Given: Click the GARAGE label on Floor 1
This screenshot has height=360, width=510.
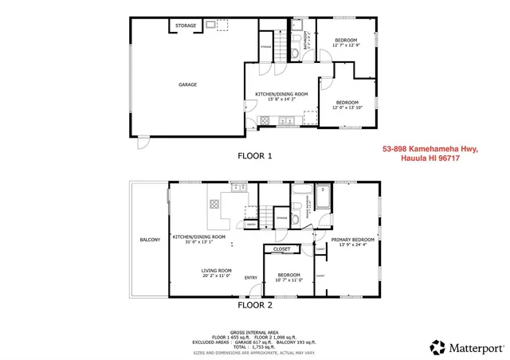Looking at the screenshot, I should pos(187,84).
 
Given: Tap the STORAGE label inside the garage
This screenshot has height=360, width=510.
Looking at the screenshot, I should pos(186,25).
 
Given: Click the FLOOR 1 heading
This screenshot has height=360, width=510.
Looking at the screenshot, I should pos(255,156).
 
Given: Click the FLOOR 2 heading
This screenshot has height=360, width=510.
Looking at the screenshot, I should pos(255,304).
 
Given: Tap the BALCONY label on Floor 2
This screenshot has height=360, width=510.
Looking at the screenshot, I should pos(150,240).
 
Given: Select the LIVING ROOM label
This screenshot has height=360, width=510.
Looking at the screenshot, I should pos(216,270).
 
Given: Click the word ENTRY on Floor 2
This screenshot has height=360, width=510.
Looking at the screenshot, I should pos(251,278).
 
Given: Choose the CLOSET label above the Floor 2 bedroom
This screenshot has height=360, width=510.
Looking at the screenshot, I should pos(281,249).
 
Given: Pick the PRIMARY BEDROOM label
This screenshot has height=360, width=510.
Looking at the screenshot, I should pos(351,239).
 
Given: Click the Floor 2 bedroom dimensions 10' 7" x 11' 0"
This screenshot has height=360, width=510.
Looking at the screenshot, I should pos(282,280).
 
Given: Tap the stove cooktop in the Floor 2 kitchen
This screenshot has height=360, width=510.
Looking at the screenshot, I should pos(214,204).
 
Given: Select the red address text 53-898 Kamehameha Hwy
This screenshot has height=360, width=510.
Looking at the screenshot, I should pos(430,148).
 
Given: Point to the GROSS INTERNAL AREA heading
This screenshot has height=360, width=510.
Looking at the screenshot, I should pos(254,331).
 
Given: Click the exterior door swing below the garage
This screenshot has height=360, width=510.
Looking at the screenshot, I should pos(142,143).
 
